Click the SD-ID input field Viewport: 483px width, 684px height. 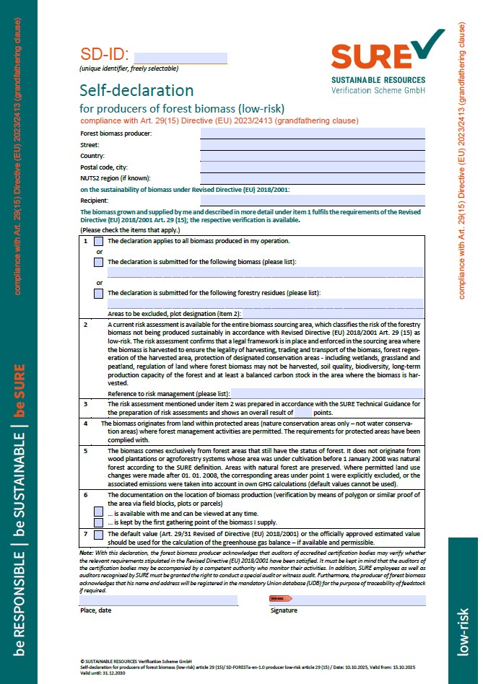tap(180, 58)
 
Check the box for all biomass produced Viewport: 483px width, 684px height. tap(99, 242)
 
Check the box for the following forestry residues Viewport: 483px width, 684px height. tap(99, 294)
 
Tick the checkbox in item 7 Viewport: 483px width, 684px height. tap(99, 535)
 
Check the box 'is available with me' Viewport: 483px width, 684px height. tap(99, 511)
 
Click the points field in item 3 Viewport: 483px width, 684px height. tap(303, 413)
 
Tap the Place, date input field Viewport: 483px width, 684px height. tap(158, 600)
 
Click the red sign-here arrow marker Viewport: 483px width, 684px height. tap(280, 599)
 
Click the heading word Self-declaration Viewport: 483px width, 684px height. tap(136, 91)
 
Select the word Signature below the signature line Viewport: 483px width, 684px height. tap(284, 610)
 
